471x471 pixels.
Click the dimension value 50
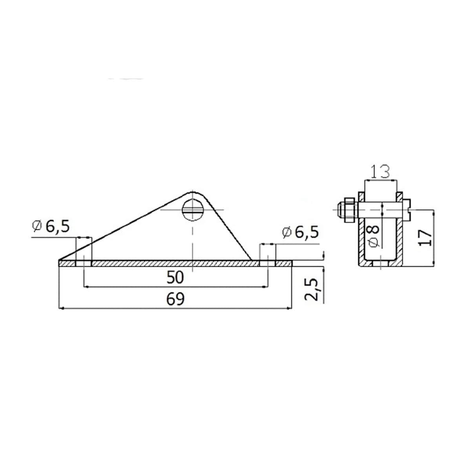pyautogui.click(x=175, y=278)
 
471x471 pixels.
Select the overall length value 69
pyautogui.click(x=175, y=299)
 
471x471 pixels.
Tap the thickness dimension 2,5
pyautogui.click(x=312, y=290)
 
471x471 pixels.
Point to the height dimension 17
pyautogui.click(x=425, y=238)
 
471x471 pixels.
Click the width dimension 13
pyautogui.click(x=380, y=172)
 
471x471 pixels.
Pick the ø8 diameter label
pyautogui.click(x=374, y=236)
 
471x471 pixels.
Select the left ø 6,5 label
pyautogui.click(x=51, y=227)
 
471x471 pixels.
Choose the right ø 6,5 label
pyautogui.click(x=301, y=232)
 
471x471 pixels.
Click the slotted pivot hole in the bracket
pyautogui.click(x=193, y=210)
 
